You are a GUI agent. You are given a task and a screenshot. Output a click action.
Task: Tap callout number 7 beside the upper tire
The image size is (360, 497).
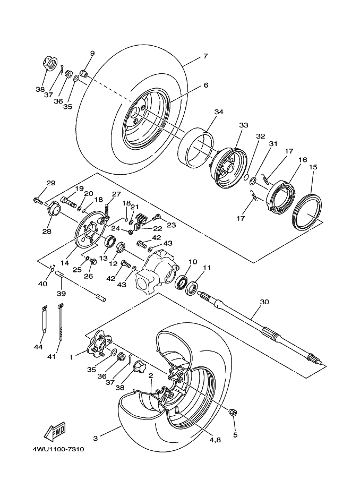pos(204,56)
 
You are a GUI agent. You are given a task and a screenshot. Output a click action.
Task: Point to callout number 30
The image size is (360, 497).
pos(264,302)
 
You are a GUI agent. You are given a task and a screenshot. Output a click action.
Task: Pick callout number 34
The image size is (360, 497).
pos(219,112)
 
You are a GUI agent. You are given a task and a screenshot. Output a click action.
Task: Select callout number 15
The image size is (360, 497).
pos(313,167)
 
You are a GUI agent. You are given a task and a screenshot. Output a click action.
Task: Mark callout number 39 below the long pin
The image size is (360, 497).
pos(61,294)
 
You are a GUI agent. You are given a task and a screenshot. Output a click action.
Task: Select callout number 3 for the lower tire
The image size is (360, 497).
pos(96,439)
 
